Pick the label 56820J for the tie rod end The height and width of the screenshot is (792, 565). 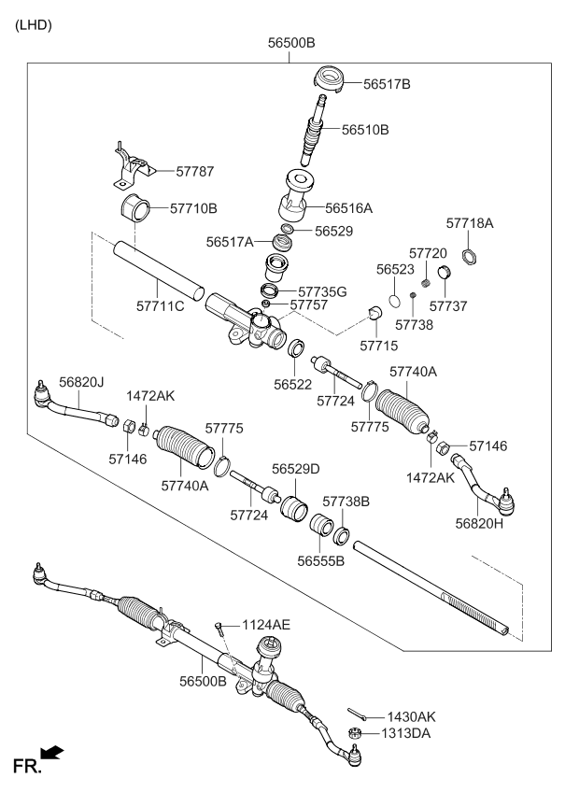click(81, 381)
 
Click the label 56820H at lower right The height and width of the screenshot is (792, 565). click(480, 524)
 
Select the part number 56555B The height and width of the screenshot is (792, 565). click(321, 561)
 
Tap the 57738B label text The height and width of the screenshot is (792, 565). click(346, 502)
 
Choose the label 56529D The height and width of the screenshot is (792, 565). click(296, 468)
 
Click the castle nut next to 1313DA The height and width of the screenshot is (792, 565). click(355, 734)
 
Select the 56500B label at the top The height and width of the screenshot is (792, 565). click(291, 43)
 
